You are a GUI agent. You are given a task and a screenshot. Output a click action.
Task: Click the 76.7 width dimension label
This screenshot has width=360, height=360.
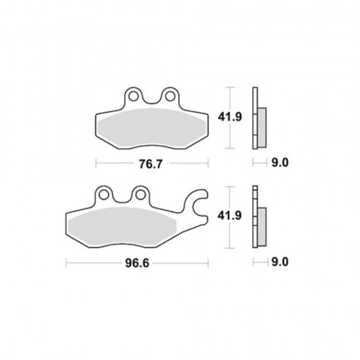(151, 164)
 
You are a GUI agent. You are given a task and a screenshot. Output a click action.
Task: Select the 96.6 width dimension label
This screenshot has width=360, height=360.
(137, 263)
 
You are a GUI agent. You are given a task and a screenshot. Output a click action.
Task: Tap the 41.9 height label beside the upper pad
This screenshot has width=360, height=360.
(230, 117)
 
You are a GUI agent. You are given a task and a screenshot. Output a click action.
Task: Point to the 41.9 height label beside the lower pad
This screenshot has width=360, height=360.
(230, 216)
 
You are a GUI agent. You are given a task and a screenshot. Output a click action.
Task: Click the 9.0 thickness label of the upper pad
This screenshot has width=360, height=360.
(280, 163)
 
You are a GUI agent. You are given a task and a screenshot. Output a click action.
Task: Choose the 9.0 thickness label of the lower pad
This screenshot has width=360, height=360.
(280, 262)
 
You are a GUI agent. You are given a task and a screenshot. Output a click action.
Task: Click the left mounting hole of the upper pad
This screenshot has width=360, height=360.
(134, 96)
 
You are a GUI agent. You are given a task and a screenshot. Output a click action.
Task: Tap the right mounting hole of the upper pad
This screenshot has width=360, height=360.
(170, 96)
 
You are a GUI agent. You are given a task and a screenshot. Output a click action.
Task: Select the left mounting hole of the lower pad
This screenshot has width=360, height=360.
(104, 195)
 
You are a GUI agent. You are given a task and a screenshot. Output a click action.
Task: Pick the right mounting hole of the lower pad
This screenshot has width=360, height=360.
(140, 195)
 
